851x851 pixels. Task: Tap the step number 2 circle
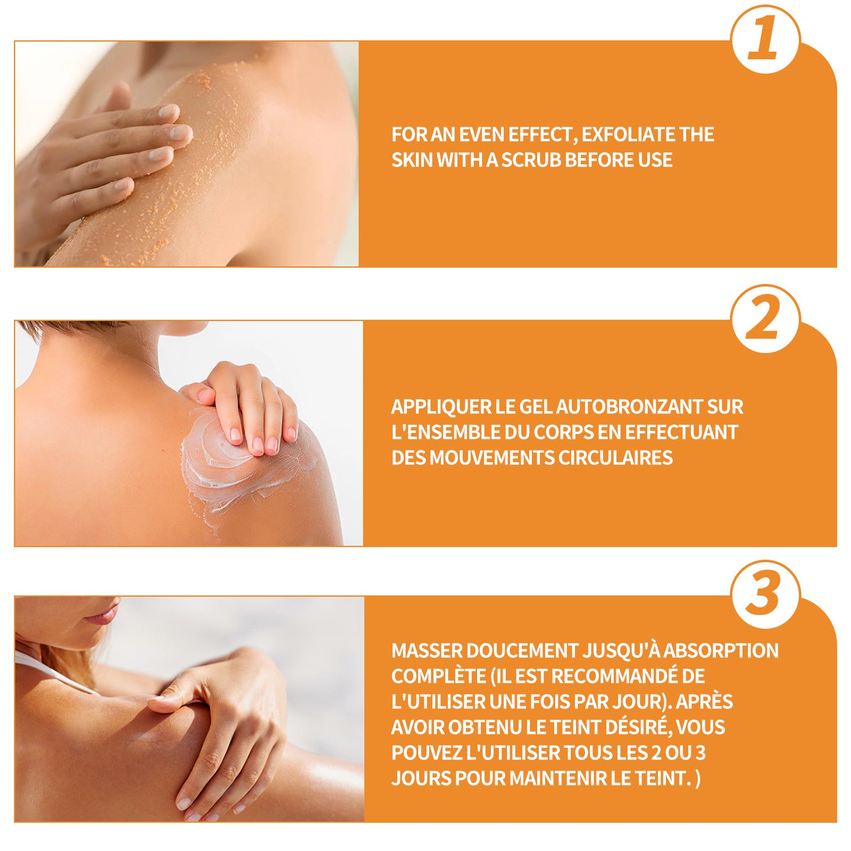[765, 319]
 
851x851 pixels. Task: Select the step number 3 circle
[765, 594]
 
